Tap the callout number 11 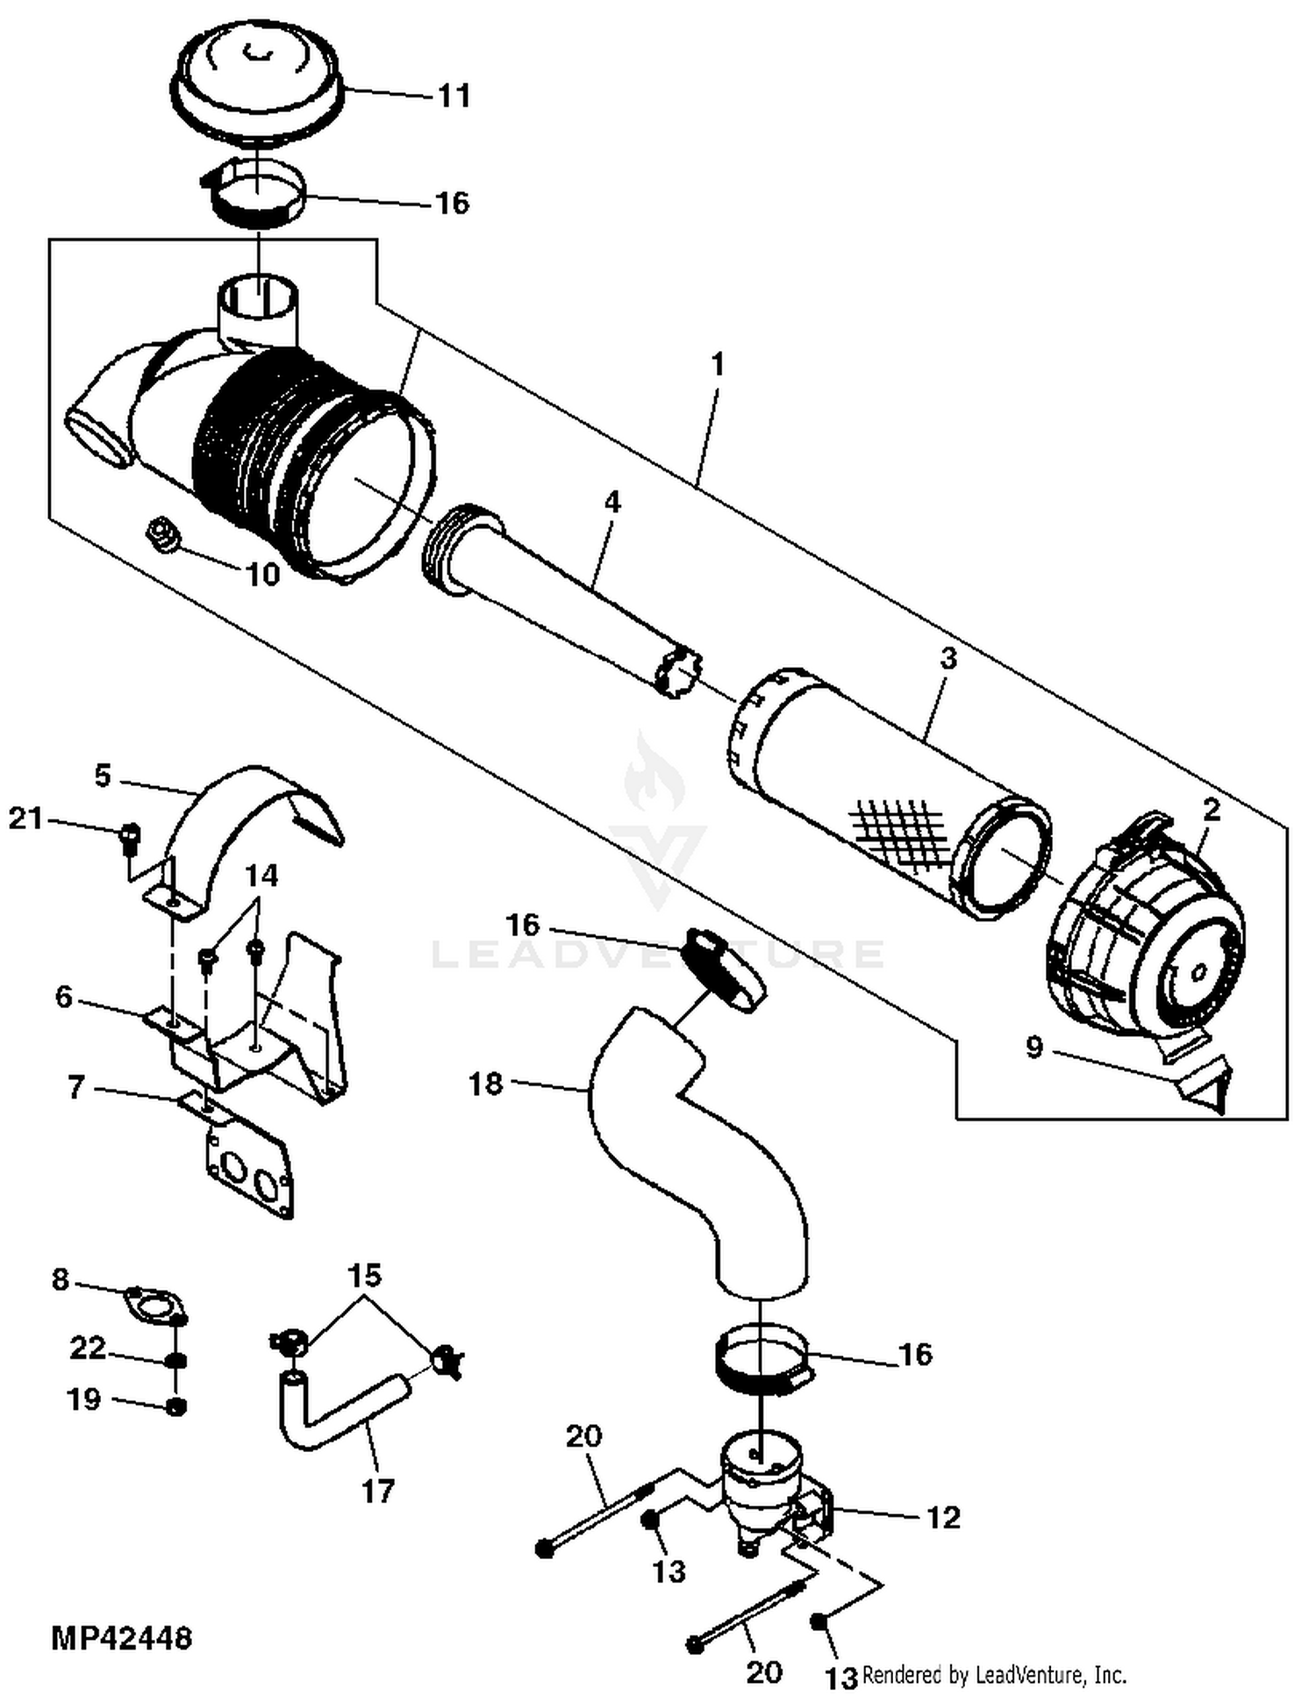coord(454,95)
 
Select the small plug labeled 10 coord(163,533)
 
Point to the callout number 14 coord(261,876)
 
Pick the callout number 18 coord(486,1084)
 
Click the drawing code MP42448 coord(122,1638)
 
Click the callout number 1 coord(718,363)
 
